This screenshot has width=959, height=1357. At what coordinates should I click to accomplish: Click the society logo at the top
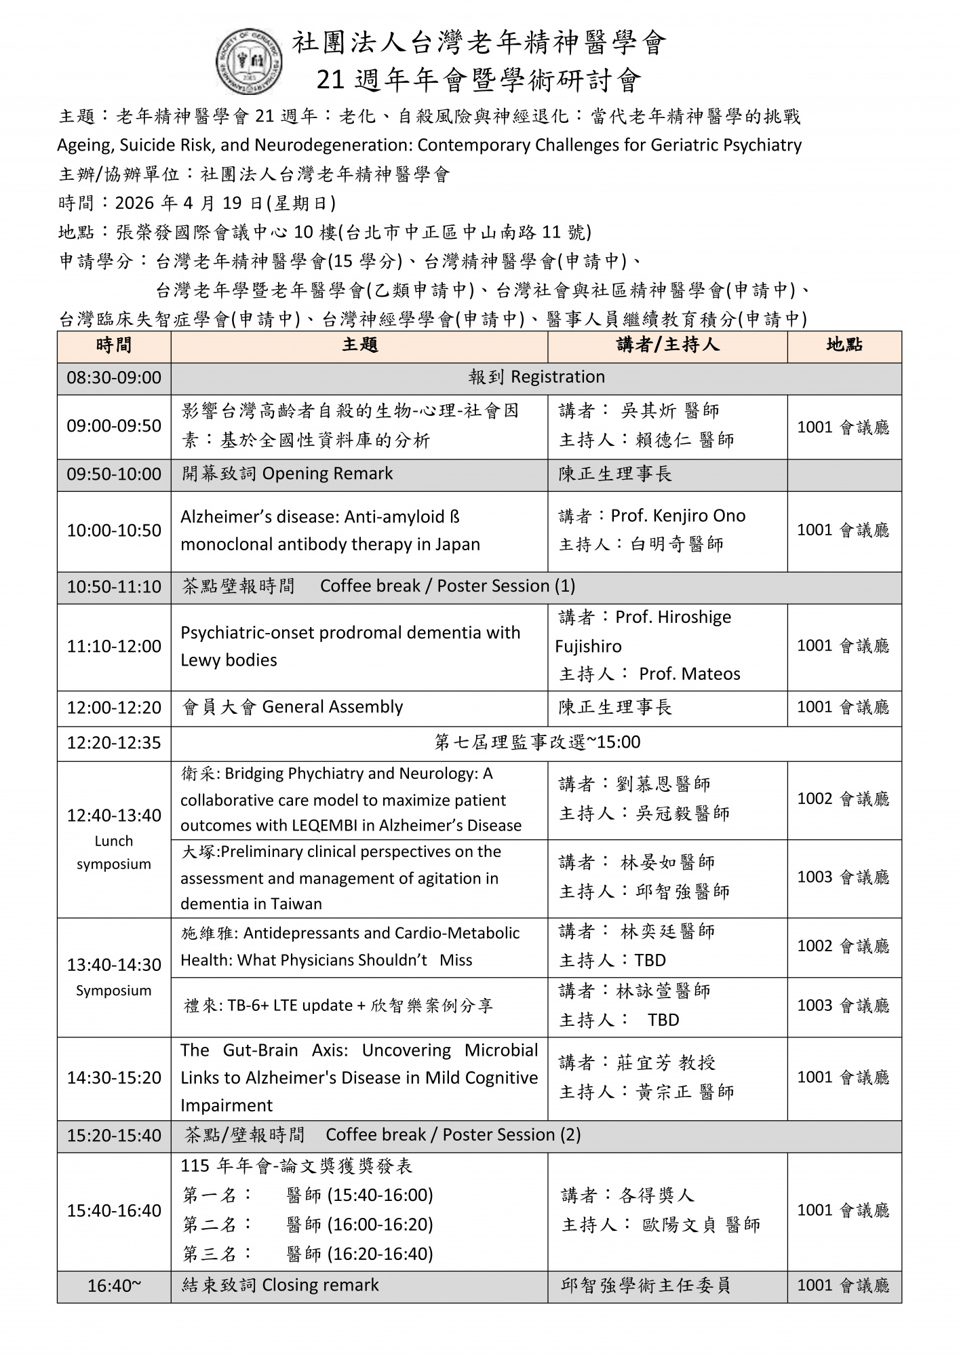tap(249, 62)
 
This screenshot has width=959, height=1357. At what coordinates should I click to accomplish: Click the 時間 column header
tap(114, 346)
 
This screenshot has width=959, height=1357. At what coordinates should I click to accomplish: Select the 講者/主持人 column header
tap(667, 346)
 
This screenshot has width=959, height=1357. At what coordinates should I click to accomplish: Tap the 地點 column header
tap(844, 346)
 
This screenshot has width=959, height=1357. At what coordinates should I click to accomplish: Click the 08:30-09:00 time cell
tap(114, 378)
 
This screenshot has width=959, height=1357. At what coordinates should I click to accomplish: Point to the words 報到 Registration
tap(536, 377)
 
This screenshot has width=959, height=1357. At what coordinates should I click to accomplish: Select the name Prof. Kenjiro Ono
tap(678, 516)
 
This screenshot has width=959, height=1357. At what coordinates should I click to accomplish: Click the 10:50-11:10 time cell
tap(114, 587)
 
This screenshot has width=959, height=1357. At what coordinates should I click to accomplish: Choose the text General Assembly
tap(332, 707)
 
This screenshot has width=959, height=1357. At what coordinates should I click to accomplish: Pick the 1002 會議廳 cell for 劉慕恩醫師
tap(844, 799)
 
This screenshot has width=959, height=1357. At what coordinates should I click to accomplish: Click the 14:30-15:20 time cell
tap(114, 1077)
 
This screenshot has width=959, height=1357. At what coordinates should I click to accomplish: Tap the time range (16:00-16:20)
tap(380, 1225)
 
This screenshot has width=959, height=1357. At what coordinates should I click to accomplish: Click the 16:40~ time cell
tap(114, 1286)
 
